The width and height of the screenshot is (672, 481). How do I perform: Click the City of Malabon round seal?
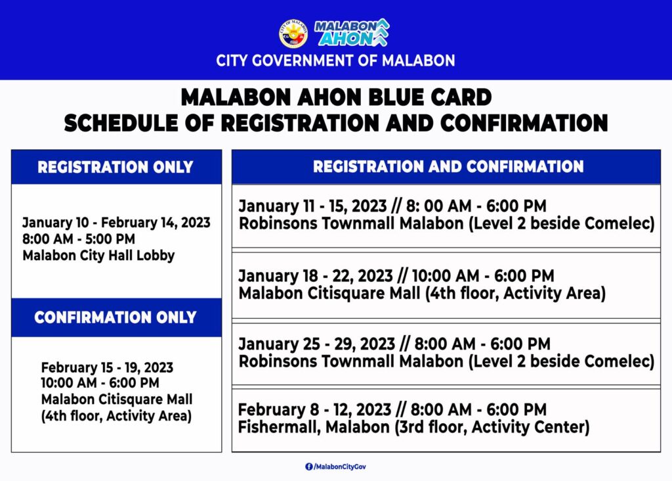[293, 34]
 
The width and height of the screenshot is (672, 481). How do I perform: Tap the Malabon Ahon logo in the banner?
[352, 33]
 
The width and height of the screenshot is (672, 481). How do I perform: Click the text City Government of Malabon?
[335, 60]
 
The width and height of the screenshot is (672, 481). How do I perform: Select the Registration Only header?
[115, 167]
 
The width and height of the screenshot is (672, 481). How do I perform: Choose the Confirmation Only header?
[115, 317]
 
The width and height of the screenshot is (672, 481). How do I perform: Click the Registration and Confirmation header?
[448, 166]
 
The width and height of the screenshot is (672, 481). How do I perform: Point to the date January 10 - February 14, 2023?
[117, 223]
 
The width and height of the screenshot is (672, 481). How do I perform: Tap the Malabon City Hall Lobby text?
[98, 256]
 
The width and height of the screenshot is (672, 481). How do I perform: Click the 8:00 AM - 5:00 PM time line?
[79, 239]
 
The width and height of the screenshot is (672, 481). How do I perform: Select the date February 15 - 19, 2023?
[107, 367]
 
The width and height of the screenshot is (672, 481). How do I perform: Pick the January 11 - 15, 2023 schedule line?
[392, 206]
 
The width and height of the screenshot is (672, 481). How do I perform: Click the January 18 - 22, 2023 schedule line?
[396, 275]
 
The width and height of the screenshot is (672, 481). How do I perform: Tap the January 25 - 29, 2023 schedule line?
[394, 344]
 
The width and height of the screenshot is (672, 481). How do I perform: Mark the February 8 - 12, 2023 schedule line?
[392, 409]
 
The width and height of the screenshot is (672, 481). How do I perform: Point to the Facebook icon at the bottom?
[309, 467]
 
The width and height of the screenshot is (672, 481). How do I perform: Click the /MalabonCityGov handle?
[341, 467]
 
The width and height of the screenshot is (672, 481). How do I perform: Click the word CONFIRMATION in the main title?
[524, 123]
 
